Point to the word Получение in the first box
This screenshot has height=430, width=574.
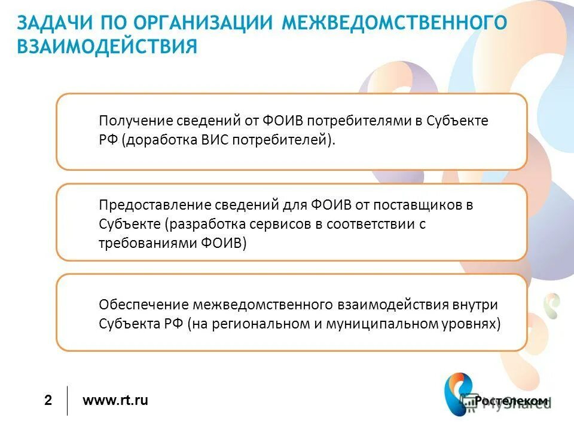[x=136, y=121]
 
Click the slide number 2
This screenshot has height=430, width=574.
[x=48, y=401]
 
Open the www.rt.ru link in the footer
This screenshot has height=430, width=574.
[x=115, y=400]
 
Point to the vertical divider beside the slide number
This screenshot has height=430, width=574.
[x=67, y=401]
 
